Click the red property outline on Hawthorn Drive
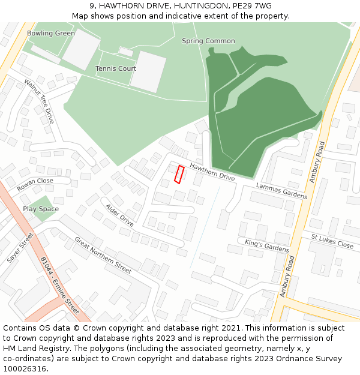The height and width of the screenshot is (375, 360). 179,174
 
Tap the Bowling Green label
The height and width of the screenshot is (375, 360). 51,34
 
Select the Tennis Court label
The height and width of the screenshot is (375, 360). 116,68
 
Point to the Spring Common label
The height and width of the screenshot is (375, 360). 208,41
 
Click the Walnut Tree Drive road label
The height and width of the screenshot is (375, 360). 39,101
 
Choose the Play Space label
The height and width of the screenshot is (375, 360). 41,209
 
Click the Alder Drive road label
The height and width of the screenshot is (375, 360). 119,215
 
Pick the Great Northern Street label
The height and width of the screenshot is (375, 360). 103,255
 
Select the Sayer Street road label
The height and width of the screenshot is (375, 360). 20,248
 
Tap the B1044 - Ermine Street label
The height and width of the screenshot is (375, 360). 59,286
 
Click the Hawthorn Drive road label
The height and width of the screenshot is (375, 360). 212,172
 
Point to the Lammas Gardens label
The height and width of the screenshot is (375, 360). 281,191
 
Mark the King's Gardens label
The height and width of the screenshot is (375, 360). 267,245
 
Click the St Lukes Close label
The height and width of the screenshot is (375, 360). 332,241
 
